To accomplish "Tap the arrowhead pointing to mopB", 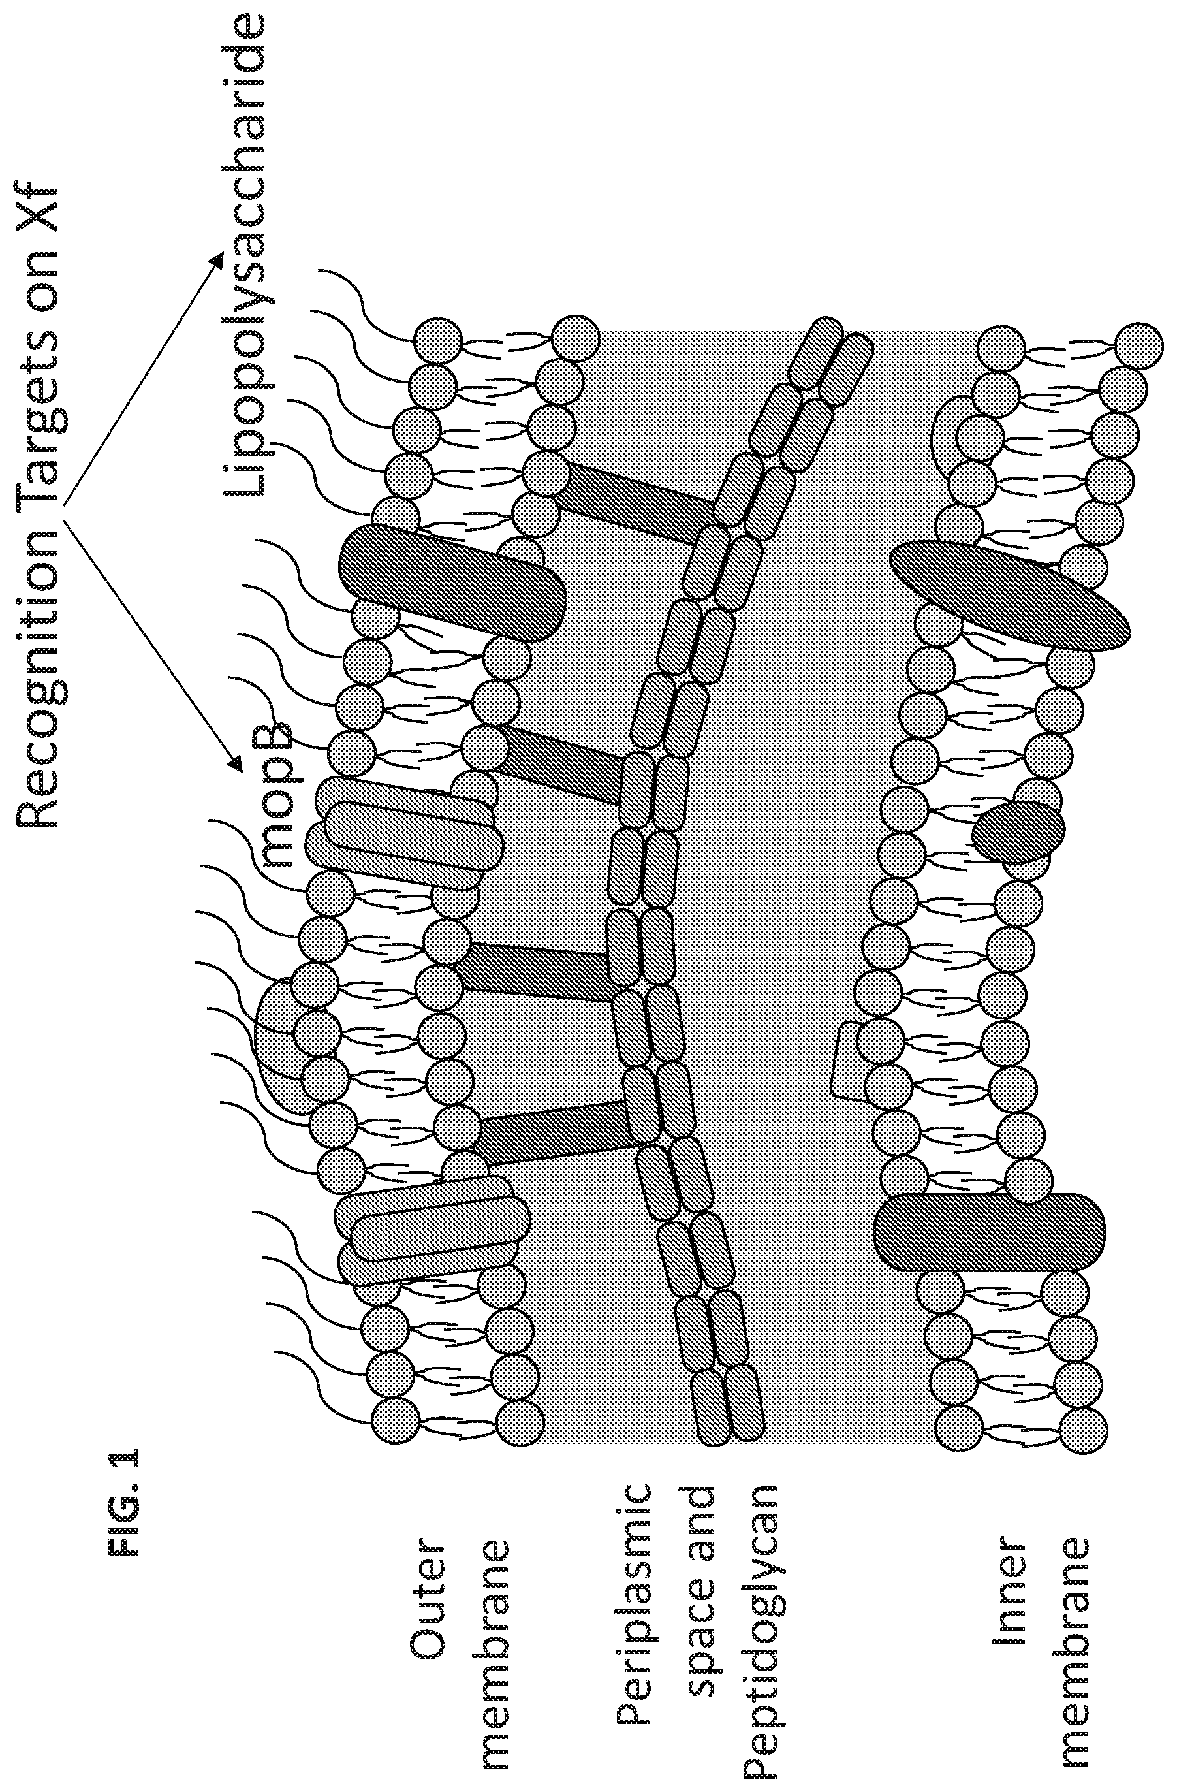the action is (236, 761).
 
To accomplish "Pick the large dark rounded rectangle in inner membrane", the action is (990, 1232).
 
